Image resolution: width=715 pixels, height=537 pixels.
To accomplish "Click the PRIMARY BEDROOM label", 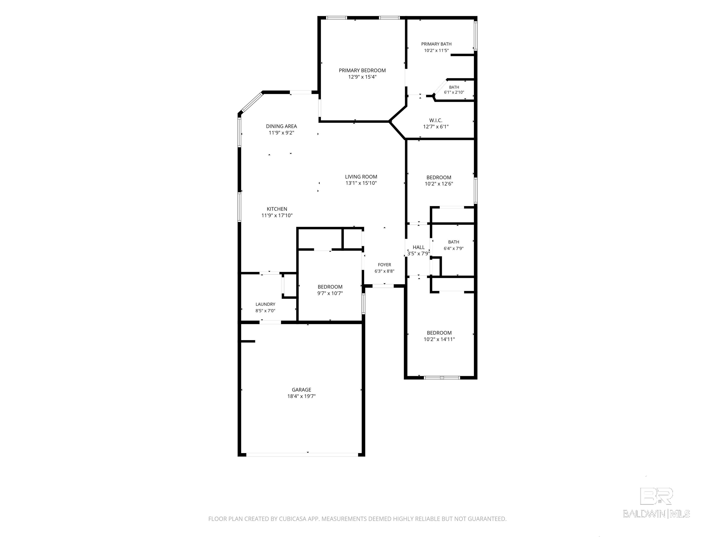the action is (362, 70).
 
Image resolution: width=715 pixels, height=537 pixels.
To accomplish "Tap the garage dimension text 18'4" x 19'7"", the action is (301, 396).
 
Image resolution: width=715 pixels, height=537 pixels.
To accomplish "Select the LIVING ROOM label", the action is (361, 177).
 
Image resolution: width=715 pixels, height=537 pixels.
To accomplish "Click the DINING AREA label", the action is (281, 126).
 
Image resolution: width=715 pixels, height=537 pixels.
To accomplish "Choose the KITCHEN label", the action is (277, 209).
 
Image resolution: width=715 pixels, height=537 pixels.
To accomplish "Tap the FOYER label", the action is (384, 265).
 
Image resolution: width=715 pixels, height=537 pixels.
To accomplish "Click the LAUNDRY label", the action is (265, 304).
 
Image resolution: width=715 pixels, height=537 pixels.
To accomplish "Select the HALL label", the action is (418, 247).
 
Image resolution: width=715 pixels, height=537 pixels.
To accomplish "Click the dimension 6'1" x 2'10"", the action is (454, 92).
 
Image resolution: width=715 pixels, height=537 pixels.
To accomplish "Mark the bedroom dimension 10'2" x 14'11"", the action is (439, 339).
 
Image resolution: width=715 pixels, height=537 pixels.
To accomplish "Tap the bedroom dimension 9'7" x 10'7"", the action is (330, 293).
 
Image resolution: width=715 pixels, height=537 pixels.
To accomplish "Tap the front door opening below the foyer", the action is (383, 286).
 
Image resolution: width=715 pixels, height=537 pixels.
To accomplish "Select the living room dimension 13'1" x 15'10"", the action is (361, 183).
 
